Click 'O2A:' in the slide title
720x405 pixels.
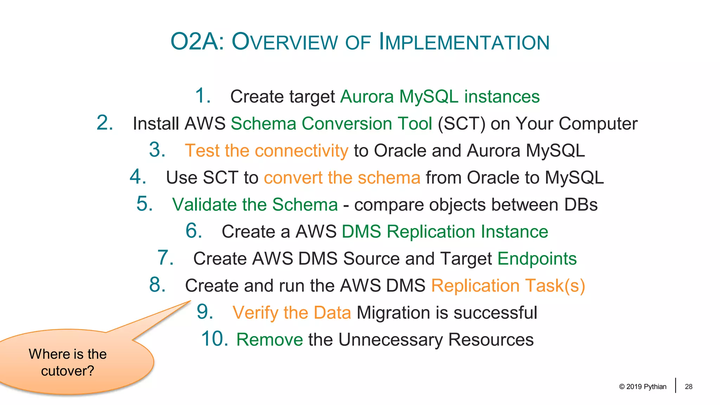pyautogui.click(x=197, y=42)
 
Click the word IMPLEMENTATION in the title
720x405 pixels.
pyautogui.click(x=464, y=42)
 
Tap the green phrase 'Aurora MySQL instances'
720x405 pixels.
pyautogui.click(x=440, y=97)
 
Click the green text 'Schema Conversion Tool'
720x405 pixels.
pyautogui.click(x=331, y=124)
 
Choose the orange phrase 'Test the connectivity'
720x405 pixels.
pyautogui.click(x=266, y=151)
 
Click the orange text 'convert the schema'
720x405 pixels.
pyautogui.click(x=342, y=178)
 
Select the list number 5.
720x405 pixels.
pyautogui.click(x=144, y=204)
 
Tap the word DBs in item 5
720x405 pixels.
pyautogui.click(x=581, y=205)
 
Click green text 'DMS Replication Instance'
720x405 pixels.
pyautogui.click(x=445, y=232)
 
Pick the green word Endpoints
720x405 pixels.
pyautogui.click(x=537, y=259)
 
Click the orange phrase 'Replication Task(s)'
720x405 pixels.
pyautogui.click(x=508, y=285)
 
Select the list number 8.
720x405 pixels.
pyautogui.click(x=157, y=285)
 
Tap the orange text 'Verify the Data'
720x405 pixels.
pyautogui.click(x=291, y=313)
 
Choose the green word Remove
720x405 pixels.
pyautogui.click(x=269, y=340)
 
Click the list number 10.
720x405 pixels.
pyautogui.click(x=214, y=339)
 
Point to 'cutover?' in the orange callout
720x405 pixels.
pyautogui.click(x=67, y=371)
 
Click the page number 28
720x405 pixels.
pyautogui.click(x=688, y=387)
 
